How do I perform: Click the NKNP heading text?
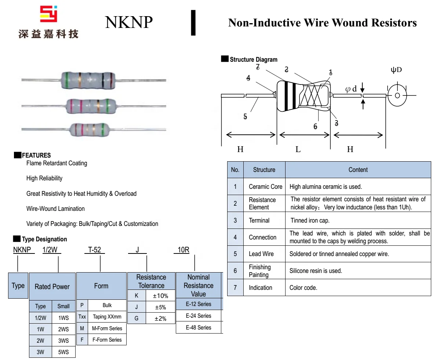[128, 22]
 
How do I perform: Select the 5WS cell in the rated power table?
[63, 352]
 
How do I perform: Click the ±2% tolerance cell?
[160, 318]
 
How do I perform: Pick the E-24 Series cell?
[199, 316]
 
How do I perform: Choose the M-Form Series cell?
[107, 328]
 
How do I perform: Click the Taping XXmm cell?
[107, 317]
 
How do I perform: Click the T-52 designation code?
[94, 250]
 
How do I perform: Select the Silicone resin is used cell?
[316, 271]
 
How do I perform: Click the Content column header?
[358, 170]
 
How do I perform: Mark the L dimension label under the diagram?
[298, 149]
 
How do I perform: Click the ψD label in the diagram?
[396, 70]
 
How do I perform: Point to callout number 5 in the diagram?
[245, 116]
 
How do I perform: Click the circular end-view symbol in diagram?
[397, 96]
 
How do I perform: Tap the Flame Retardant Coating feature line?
[57, 163]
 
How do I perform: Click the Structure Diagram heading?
[253, 60]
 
